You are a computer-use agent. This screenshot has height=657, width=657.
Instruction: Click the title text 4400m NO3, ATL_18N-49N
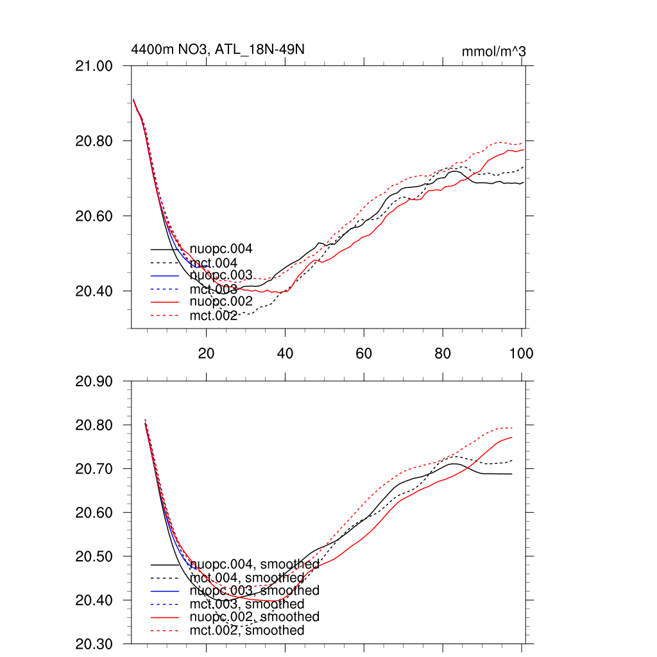coord(218,49)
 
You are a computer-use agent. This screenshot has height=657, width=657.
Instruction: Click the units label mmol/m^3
coord(493,51)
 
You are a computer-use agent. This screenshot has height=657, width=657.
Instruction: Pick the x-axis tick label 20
coord(206,353)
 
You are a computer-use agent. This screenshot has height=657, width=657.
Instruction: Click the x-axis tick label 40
coord(285,353)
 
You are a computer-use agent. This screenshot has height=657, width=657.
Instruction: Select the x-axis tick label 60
coord(364,353)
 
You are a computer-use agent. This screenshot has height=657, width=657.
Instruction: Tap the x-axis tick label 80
coord(443,353)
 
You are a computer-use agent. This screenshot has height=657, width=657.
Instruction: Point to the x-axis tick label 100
coord(520,353)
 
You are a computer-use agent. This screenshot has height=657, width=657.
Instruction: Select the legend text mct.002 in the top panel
coord(214,315)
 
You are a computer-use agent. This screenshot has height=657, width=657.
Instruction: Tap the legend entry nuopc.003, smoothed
coord(255,590)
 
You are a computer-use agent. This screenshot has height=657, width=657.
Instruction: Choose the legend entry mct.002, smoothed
coord(247,631)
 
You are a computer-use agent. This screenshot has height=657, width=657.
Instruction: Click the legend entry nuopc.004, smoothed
coord(255,564)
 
